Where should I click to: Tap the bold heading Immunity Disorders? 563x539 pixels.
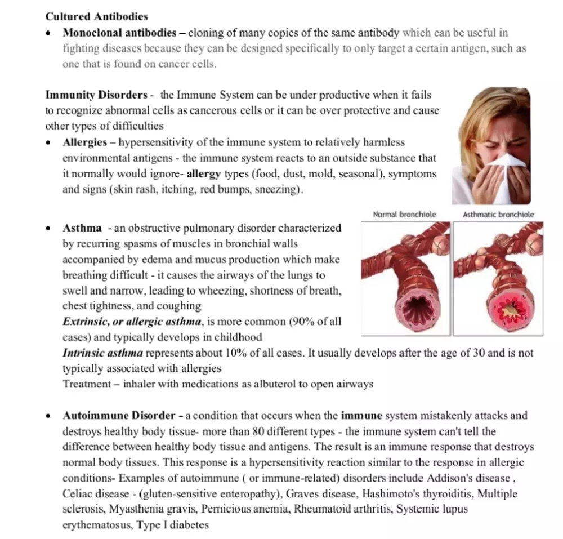pos(96,95)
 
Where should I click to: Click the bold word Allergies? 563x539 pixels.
pos(84,142)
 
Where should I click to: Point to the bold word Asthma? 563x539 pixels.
pos(82,229)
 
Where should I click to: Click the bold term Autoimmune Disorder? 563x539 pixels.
pos(119,416)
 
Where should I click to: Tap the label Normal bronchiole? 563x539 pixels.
pos(404,215)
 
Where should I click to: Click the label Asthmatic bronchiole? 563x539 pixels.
pos(498,215)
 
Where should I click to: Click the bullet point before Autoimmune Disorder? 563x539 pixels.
pos(50,417)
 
